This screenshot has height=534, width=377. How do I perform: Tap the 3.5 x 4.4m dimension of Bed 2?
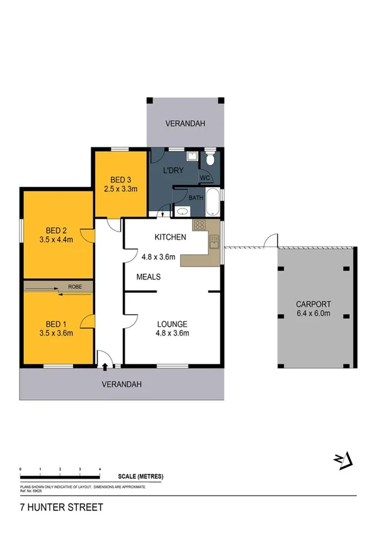tap(56, 239)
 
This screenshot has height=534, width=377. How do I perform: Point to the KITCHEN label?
tap(170, 237)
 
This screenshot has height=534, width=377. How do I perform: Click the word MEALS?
tap(149, 277)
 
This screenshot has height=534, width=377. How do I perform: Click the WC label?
tap(205, 178)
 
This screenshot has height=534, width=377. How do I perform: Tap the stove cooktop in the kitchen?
tap(199, 225)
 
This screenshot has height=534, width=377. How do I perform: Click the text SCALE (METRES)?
tap(140, 477)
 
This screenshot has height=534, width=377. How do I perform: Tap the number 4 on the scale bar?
tap(100, 470)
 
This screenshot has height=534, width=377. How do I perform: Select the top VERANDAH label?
tap(186, 124)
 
